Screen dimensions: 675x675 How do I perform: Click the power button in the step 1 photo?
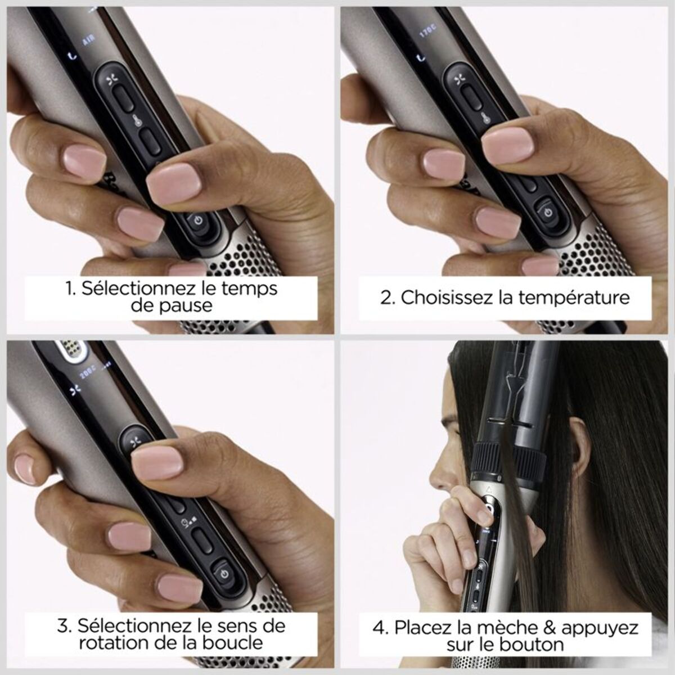[197, 220]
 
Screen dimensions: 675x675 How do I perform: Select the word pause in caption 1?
[187, 305]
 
